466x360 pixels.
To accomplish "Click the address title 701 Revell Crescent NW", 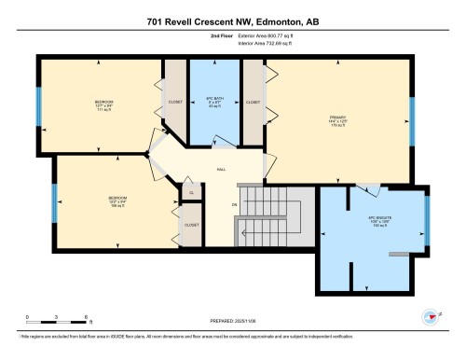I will [x=233, y=20].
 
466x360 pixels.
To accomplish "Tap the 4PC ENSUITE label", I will [x=367, y=220].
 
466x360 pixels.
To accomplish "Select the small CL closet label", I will [x=190, y=192].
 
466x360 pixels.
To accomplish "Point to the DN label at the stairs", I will [x=235, y=204].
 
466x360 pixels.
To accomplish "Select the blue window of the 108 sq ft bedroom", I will [x=54, y=203].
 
